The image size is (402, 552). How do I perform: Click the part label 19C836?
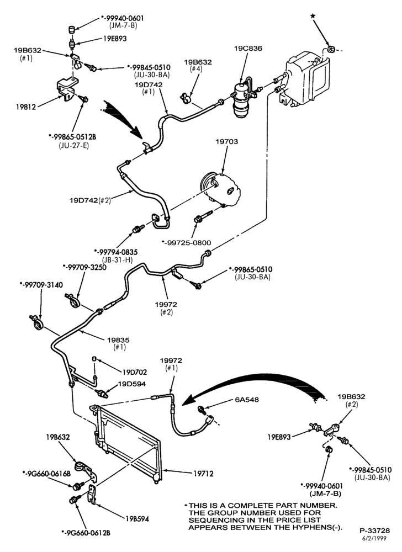click(248, 49)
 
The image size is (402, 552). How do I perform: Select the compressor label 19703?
click(227, 141)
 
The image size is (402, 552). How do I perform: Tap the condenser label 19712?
click(203, 474)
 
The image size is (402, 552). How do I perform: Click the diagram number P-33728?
click(374, 530)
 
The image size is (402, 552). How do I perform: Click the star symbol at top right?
click(313, 15)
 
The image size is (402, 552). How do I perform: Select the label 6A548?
click(247, 399)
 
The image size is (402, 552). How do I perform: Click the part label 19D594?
click(131, 384)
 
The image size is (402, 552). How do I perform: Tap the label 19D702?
click(135, 371)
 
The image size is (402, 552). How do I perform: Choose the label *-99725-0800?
click(186, 242)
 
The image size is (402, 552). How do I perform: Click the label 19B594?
click(137, 518)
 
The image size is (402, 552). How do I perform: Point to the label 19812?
click(26, 107)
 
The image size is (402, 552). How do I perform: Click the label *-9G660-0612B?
click(86, 533)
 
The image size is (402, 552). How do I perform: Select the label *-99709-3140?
click(41, 284)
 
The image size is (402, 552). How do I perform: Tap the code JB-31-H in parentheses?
click(118, 260)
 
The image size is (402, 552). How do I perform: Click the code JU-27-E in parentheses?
click(74, 145)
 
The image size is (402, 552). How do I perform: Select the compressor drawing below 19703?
click(220, 188)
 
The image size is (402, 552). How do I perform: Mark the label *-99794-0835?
click(116, 252)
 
